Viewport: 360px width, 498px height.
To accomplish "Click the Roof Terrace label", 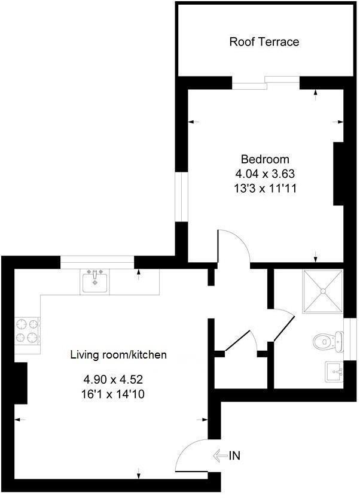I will pos(264,42).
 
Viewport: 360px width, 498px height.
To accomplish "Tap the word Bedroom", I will pos(265,159).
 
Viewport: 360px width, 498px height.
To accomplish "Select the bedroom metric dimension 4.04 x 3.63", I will pos(265,174).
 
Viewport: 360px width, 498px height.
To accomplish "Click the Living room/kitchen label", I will pos(118,355).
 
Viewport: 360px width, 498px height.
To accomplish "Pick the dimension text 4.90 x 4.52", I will pos(113,379).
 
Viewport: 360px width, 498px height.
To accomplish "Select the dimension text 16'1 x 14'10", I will pos(113,394).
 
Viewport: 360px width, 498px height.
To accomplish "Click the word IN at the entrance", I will pos(234,456).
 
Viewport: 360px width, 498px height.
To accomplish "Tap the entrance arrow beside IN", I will pos(219,456).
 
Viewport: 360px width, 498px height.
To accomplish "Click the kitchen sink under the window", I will pos(95,281).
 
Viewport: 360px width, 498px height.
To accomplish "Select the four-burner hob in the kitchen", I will pos(28,331).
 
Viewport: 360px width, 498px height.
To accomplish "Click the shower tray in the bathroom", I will pos(324,291).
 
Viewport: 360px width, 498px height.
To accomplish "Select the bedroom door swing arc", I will pos(233,245).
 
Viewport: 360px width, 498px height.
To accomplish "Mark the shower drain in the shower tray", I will pos(324,291).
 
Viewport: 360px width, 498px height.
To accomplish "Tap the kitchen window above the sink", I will pos(97,259).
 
